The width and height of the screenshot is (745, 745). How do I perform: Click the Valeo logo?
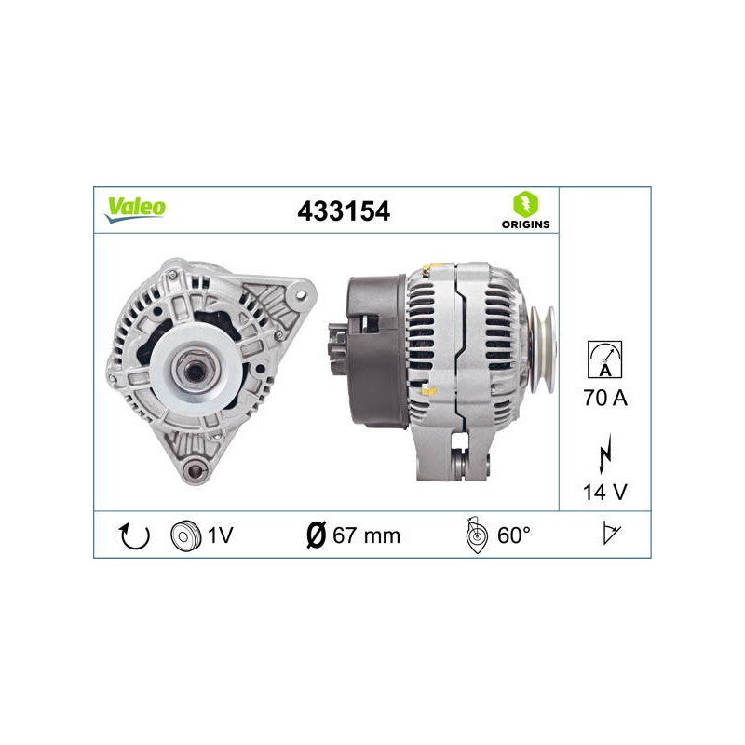point(135,210)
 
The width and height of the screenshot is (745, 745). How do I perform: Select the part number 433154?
point(344,211)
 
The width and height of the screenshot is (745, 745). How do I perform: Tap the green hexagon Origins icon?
point(525,204)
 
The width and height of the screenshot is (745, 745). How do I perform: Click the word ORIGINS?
point(525,224)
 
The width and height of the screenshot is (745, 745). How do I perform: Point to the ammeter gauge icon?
point(604,359)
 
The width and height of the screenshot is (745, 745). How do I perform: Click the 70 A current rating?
point(605,398)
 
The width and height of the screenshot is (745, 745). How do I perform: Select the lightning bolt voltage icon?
point(605,454)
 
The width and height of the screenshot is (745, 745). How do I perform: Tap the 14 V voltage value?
point(604,493)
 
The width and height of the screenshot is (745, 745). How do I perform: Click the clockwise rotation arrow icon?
point(134,535)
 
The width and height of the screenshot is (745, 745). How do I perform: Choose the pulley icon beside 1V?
point(184,536)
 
